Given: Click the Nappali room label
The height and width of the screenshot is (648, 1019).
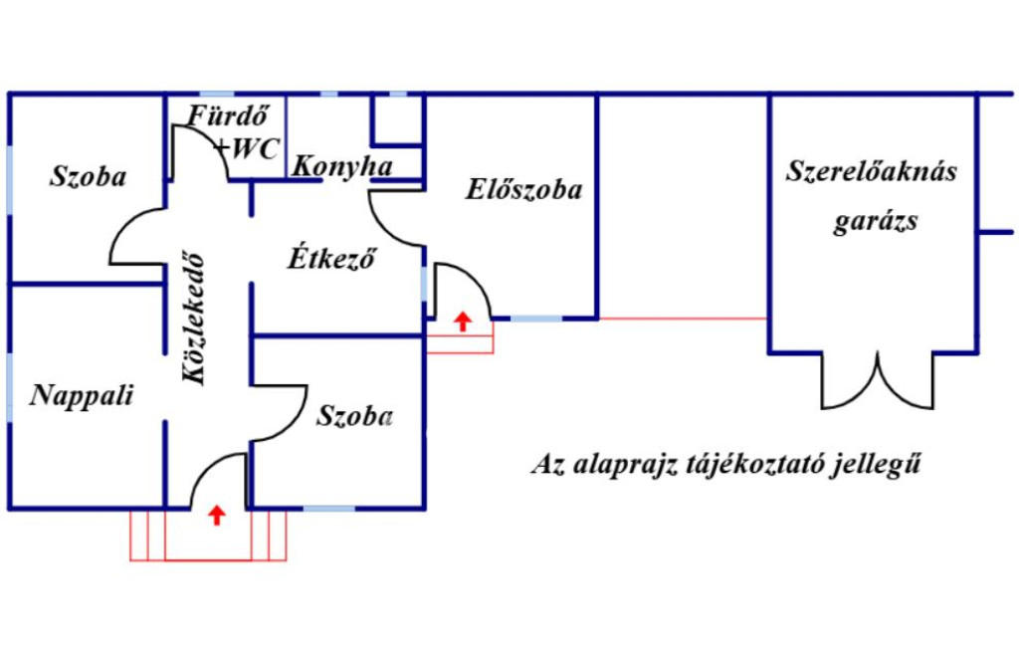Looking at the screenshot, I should click(x=82, y=395).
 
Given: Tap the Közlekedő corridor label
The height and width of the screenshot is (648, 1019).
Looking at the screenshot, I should click(x=196, y=317).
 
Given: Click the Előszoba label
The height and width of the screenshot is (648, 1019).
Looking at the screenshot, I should click(x=523, y=189).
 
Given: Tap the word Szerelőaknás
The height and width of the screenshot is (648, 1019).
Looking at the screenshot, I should click(x=872, y=171).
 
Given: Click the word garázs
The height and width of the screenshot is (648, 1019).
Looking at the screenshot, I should click(x=876, y=221).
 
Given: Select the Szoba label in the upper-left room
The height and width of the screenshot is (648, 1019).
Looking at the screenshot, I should click(x=89, y=177).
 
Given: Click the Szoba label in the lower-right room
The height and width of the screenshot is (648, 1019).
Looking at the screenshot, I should click(x=354, y=416).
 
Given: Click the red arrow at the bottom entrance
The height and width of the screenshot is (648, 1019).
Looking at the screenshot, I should click(x=216, y=515).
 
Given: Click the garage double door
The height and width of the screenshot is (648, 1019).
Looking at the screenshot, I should click(x=877, y=383).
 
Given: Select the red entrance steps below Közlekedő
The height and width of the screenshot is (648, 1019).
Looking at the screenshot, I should click(x=209, y=537).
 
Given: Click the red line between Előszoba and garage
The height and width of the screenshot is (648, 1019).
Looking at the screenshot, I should click(x=683, y=319).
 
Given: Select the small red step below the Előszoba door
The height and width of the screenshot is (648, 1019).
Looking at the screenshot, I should click(x=460, y=344).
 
